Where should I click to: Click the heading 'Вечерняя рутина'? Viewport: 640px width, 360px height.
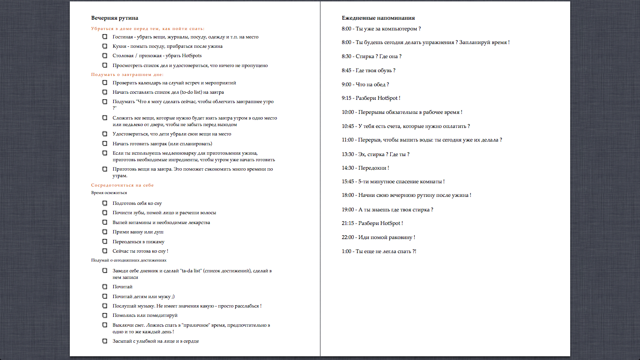tap(114, 18)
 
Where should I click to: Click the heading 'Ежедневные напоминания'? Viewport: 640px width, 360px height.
tap(378, 18)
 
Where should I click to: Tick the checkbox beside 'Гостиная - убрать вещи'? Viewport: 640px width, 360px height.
tap(105, 37)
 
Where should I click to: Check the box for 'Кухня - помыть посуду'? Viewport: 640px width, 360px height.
tap(105, 46)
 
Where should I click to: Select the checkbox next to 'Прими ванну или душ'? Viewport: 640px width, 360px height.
tap(105, 232)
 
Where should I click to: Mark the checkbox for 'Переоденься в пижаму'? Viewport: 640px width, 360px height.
tap(105, 241)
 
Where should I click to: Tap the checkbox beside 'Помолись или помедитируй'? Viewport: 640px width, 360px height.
tap(105, 315)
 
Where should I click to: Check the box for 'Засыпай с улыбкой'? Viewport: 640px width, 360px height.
tap(105, 341)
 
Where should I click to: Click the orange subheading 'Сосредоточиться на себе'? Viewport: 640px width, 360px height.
tap(122, 185)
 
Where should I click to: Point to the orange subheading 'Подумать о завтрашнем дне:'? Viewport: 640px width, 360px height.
tap(127, 75)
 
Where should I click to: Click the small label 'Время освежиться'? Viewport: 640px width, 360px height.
tap(109, 193)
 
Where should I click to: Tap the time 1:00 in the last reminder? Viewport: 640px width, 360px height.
tap(347, 251)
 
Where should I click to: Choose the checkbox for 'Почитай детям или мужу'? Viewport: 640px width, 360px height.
tap(105, 296)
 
